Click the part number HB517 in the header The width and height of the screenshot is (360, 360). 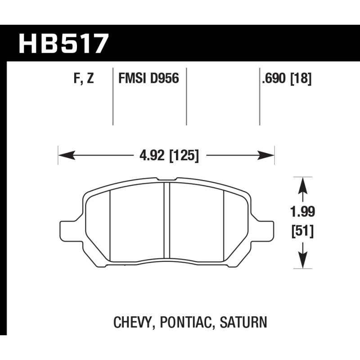point(63,44)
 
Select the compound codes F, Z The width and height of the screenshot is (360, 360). point(84,78)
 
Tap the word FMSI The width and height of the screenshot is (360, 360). point(132,78)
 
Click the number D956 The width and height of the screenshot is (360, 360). point(164,78)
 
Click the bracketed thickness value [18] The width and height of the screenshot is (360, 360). point(301,79)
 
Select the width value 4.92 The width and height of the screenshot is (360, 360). point(152,155)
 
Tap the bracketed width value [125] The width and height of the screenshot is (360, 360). point(184,156)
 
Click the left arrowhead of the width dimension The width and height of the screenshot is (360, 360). point(67,155)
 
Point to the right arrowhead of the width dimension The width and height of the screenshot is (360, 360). point(266,155)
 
